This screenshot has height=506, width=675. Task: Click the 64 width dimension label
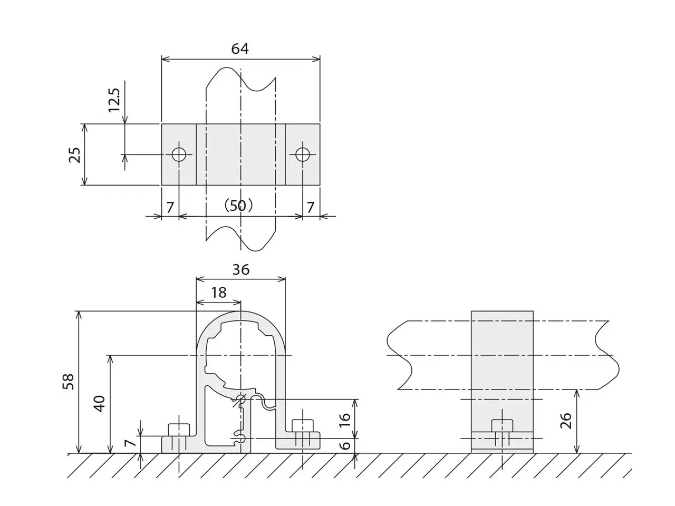[239, 48]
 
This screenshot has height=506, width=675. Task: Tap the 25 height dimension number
[75, 155]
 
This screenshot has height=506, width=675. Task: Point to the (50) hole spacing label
[238, 206]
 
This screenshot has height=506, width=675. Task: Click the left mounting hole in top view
[179, 154]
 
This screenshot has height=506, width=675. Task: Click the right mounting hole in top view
[303, 154]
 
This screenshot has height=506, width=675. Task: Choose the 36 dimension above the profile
[241, 269]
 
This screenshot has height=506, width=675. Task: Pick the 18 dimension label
[219, 293]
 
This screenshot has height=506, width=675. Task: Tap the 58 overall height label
[68, 381]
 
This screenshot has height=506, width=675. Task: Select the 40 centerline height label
[100, 404]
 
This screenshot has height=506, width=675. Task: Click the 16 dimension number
[345, 419]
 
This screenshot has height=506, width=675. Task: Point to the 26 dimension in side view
[565, 421]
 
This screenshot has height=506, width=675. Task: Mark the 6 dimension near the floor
[346, 445]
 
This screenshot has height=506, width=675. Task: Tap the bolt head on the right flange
[303, 426]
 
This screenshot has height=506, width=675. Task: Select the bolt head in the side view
[502, 425]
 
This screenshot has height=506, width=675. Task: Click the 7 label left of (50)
[170, 208]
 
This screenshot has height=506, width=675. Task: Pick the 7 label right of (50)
[311, 208]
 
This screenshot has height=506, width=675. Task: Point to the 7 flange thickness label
[130, 442]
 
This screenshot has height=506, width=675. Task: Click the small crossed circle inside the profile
[241, 400]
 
